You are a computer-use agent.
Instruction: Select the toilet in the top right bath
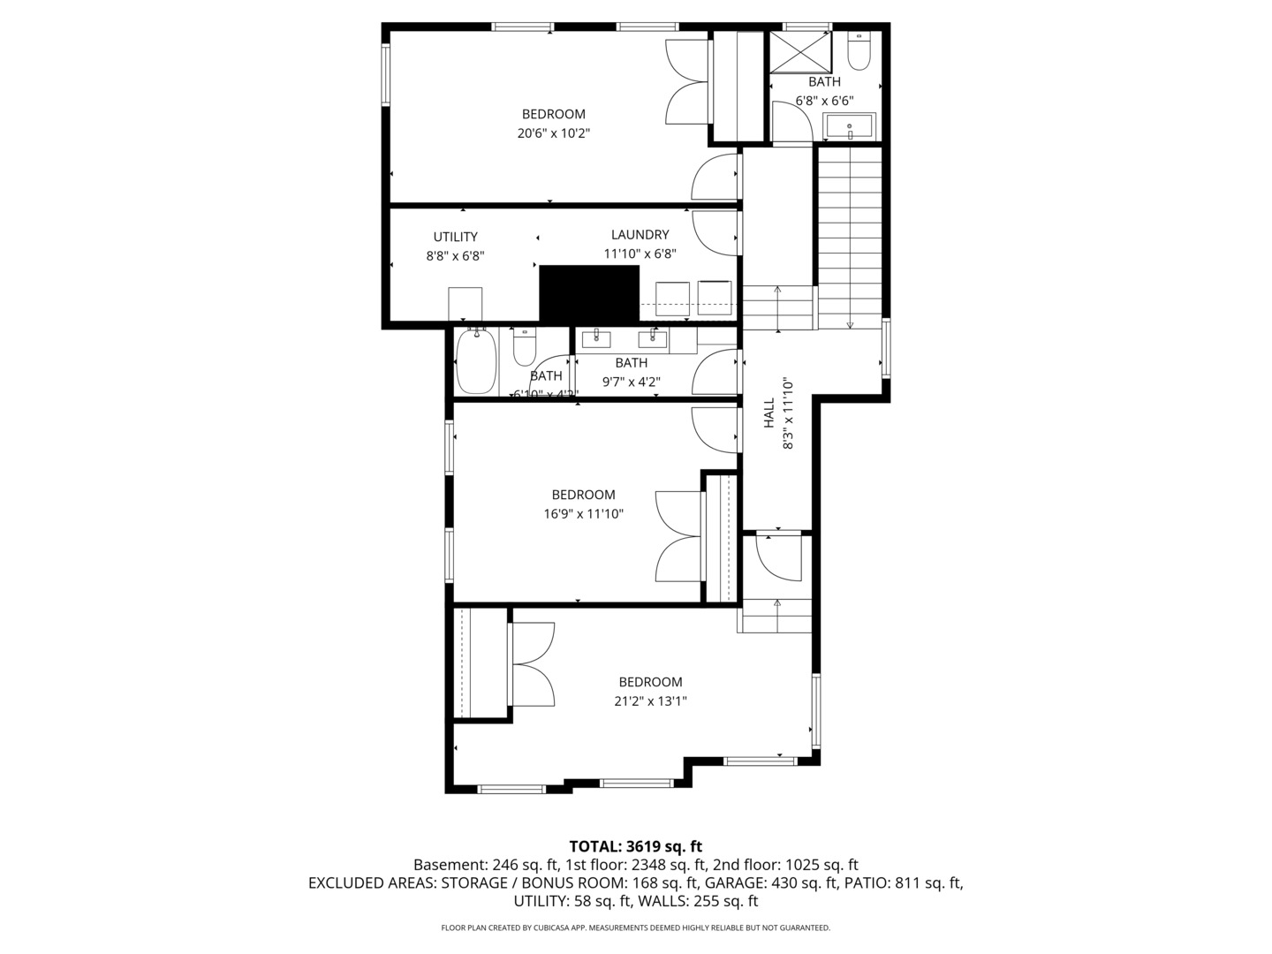click(x=859, y=53)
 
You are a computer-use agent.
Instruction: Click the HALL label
click(x=768, y=413)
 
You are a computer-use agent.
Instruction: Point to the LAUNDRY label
click(x=640, y=235)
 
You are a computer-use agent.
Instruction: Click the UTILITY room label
click(x=455, y=237)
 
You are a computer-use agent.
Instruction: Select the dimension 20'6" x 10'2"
click(x=553, y=133)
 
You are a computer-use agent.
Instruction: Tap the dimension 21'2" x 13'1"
click(x=650, y=701)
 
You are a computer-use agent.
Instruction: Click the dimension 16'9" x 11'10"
click(x=583, y=514)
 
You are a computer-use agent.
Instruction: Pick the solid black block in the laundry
click(x=588, y=293)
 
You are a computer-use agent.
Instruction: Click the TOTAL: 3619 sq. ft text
click(x=635, y=846)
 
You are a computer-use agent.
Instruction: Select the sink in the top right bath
click(x=849, y=127)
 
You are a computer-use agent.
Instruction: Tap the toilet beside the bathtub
click(x=525, y=348)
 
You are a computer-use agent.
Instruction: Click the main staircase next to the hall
click(x=849, y=234)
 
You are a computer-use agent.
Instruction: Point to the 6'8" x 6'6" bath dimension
click(x=824, y=101)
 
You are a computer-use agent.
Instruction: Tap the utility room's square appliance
click(x=465, y=303)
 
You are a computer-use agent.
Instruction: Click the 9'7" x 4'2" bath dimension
click(x=631, y=382)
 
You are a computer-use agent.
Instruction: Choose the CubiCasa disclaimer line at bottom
click(x=635, y=927)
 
